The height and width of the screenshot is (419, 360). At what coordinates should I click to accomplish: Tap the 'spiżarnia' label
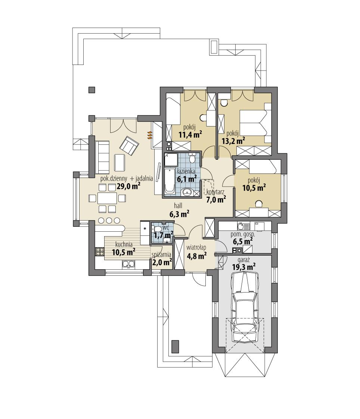(161, 255)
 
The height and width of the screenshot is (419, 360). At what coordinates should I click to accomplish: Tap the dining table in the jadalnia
(107, 198)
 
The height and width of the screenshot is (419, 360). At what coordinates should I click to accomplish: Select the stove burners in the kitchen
(99, 251)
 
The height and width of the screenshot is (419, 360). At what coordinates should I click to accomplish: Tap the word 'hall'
(178, 205)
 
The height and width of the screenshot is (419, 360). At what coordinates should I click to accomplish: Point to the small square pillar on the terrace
(91, 90)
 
